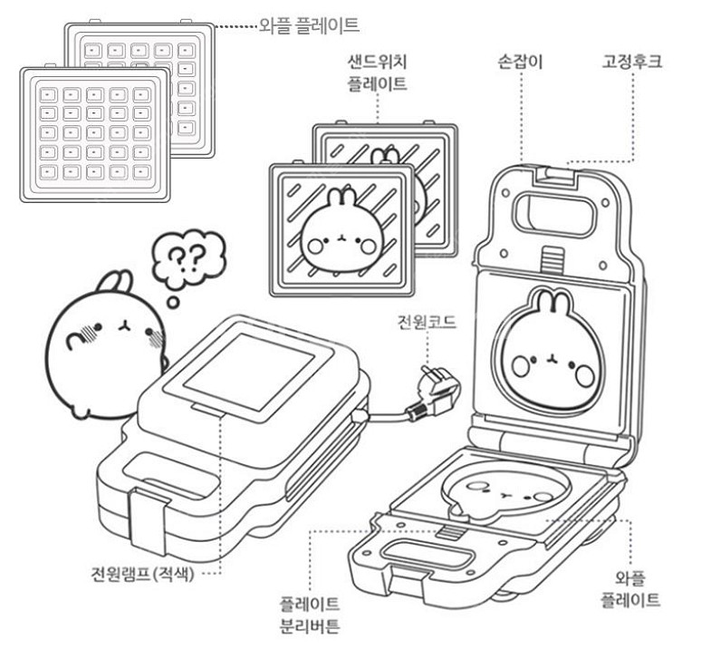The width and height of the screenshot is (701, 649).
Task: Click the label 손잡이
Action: pyautogui.click(x=521, y=62)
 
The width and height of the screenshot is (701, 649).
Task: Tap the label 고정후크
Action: pyautogui.click(x=631, y=62)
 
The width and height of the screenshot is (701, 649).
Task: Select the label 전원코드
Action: pyautogui.click(x=427, y=322)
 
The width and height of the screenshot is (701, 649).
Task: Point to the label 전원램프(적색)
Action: pyautogui.click(x=142, y=574)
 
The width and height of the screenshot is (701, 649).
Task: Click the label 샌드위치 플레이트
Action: pyautogui.click(x=378, y=73)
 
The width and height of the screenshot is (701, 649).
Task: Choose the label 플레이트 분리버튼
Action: pyautogui.click(x=310, y=615)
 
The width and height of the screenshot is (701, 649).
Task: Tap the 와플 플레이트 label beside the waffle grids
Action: pyautogui.click(x=310, y=25)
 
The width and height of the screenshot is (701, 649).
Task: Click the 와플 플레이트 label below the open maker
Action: pyautogui.click(x=630, y=588)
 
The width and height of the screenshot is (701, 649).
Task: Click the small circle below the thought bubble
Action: pyautogui.click(x=173, y=303)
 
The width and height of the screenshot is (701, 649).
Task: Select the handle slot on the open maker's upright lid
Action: pyautogui.click(x=555, y=214)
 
